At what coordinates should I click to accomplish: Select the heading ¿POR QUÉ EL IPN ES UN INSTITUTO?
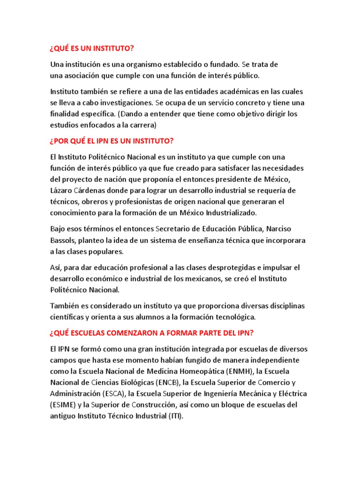click(112, 141)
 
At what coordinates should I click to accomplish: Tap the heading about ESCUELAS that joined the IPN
click(152, 333)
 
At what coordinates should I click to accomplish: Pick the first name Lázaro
click(61, 190)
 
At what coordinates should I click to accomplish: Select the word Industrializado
click(228, 213)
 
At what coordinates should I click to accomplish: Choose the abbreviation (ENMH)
click(238, 372)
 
